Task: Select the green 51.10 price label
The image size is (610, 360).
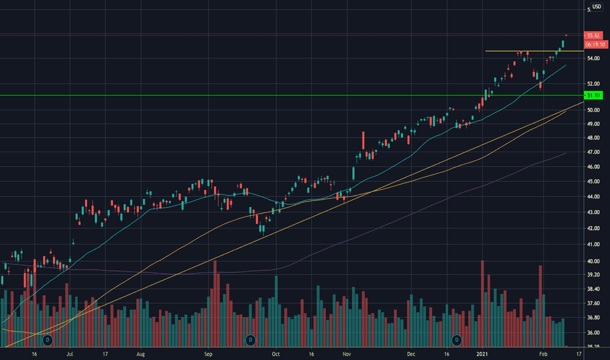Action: [594, 96]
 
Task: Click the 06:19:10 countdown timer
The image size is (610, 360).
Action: [594, 44]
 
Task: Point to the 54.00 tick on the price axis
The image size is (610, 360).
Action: [594, 59]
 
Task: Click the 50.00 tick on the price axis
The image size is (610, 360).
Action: [594, 110]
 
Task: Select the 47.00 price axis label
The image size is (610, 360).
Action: [594, 152]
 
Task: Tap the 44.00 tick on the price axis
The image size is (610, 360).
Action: [594, 197]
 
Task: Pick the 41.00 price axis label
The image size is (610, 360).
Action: [594, 245]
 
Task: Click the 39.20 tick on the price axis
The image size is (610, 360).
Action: [594, 275]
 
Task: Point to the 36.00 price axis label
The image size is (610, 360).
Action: [594, 333]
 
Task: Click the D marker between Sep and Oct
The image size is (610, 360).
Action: [250, 340]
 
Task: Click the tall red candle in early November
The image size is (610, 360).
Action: [363, 141]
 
